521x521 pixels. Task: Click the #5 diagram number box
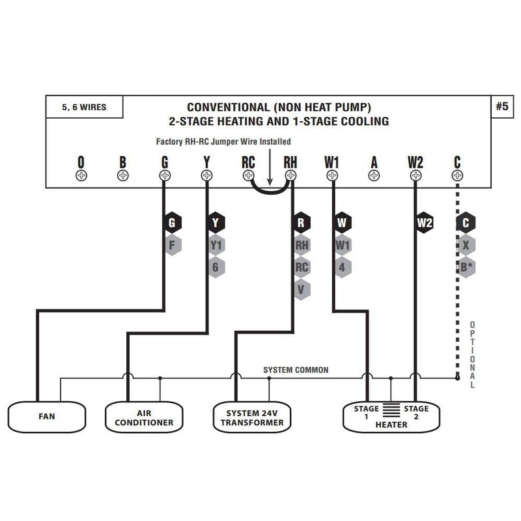click(501, 107)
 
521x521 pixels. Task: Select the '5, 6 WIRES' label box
click(85, 107)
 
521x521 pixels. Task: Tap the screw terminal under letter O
click(81, 175)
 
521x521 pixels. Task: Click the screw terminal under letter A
click(374, 175)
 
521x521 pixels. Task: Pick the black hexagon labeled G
click(172, 223)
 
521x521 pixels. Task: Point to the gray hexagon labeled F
click(172, 246)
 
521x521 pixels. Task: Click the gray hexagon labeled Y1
click(216, 246)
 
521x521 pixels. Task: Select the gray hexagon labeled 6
click(216, 267)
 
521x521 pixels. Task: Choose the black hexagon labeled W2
click(425, 223)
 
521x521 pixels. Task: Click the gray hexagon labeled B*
click(466, 267)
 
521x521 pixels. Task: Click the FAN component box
click(47, 416)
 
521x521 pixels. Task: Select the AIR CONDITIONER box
click(145, 417)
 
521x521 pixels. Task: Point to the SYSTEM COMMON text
click(296, 370)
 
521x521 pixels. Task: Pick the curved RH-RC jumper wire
click(270, 191)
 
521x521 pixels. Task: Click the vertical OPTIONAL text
click(472, 355)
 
